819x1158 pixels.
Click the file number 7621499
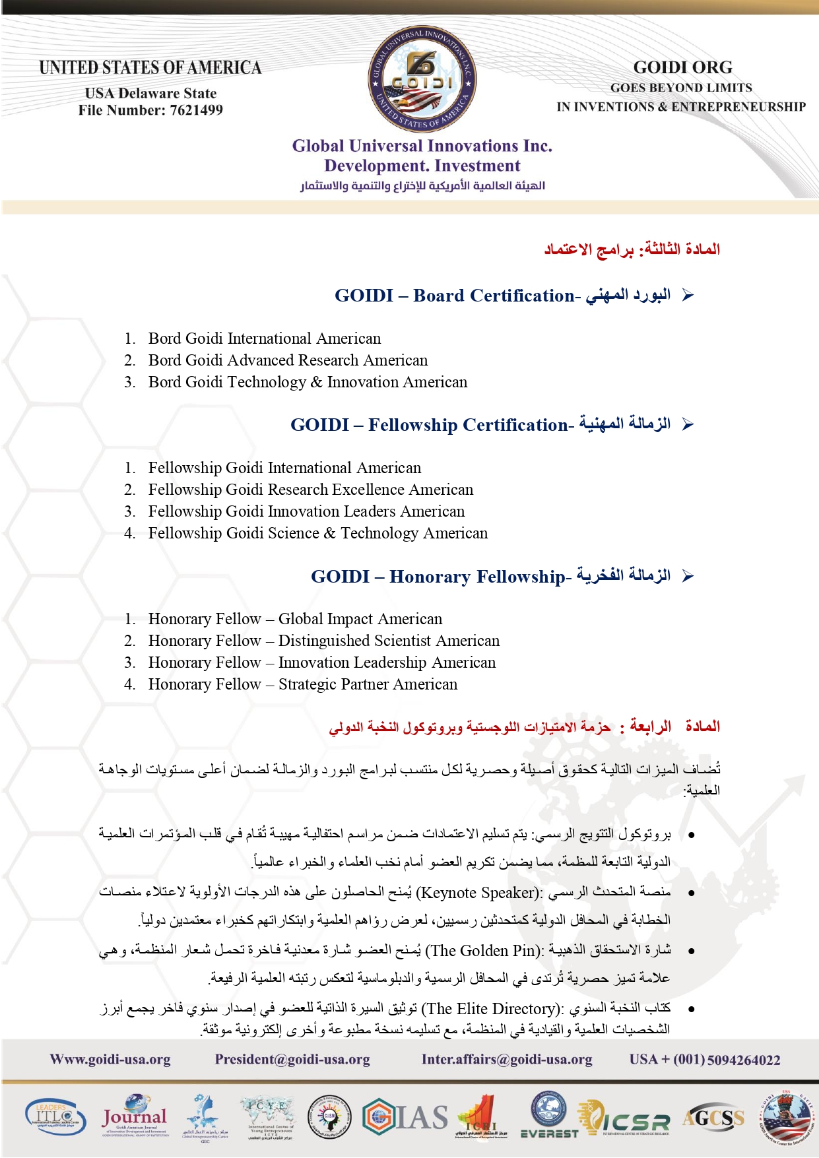point(196,110)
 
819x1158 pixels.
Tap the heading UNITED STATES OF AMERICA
point(150,68)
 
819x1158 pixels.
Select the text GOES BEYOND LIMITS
point(680,88)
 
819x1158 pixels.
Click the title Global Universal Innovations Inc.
point(422,146)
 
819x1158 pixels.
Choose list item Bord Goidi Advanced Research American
point(288,360)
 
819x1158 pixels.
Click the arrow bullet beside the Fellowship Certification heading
point(688,424)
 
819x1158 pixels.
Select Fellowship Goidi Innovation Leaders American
point(306,511)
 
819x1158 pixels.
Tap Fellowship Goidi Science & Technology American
point(317,533)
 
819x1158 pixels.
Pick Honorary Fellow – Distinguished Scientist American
point(323,641)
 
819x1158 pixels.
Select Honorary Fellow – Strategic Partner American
point(302,684)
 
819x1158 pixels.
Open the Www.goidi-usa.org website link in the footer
point(110,1060)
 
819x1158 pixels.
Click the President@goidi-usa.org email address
point(292,1060)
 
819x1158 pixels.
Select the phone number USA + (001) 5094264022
point(704,1060)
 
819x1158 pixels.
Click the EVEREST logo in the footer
point(549,1116)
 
